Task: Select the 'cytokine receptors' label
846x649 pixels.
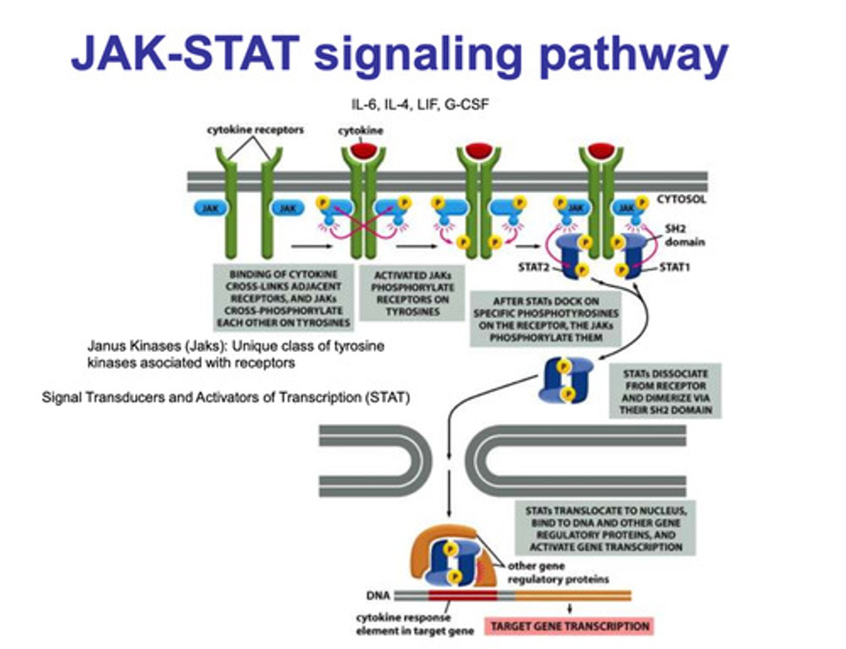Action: point(255,130)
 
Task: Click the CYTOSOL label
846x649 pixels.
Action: point(681,199)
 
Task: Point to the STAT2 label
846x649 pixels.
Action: point(533,267)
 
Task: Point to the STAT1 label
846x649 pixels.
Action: point(674,267)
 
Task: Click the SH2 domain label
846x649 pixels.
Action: point(684,235)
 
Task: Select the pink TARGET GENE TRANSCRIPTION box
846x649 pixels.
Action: point(569,626)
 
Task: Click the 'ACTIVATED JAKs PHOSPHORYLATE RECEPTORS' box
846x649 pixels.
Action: point(412,293)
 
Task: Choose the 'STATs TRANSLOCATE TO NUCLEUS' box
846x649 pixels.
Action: point(605,529)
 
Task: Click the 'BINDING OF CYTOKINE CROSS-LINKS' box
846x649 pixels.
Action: point(283,298)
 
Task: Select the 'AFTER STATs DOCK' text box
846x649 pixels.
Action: point(546,319)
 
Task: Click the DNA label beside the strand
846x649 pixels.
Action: point(378,596)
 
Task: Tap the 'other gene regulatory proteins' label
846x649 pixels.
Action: point(557,573)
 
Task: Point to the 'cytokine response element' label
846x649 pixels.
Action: point(414,624)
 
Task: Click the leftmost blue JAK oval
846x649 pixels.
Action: point(210,208)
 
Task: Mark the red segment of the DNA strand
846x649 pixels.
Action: point(462,596)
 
